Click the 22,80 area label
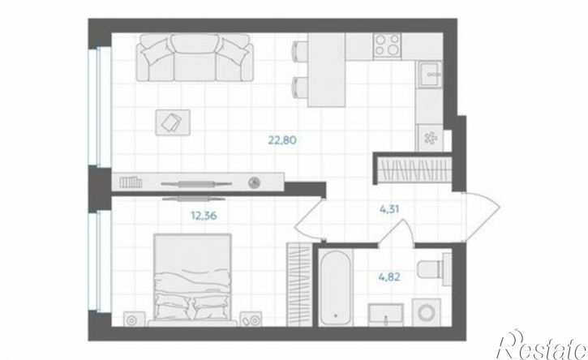[x=282, y=140]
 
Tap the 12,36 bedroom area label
[x=204, y=216]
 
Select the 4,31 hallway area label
[x=389, y=209]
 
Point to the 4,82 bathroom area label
[x=389, y=277]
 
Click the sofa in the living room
[x=195, y=58]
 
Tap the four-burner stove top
[x=388, y=45]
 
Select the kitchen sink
[x=429, y=75]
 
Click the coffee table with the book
[x=173, y=122]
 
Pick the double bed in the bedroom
[x=193, y=280]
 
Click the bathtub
[x=336, y=288]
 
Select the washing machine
[x=427, y=312]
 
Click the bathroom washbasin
[x=385, y=315]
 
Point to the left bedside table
[x=135, y=319]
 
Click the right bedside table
[x=251, y=319]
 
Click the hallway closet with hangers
[x=414, y=169]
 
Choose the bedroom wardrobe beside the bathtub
[x=299, y=285]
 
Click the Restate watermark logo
[x=542, y=345]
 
